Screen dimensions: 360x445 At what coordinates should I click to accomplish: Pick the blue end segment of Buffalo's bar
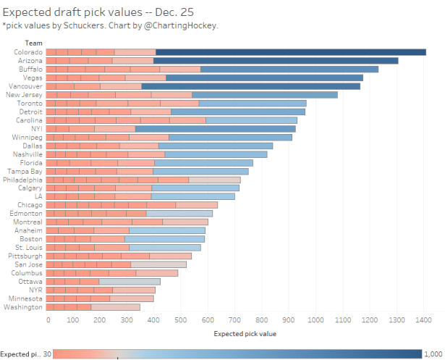[289, 70]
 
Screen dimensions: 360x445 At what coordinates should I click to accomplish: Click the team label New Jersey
[23, 95]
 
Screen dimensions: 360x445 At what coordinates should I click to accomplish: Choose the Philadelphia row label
[22, 180]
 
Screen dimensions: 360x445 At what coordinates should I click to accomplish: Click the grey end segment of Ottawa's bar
[130, 282]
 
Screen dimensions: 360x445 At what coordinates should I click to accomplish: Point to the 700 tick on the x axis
[235, 319]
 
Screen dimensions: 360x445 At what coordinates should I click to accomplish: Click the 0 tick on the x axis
[48, 319]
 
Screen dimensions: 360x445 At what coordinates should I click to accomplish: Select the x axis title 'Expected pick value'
[245, 334]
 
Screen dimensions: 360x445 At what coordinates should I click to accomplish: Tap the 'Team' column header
[33, 43]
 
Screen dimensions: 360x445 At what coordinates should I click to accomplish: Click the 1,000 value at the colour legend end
[433, 353]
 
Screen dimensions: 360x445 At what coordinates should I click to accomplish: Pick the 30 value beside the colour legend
[46, 353]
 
